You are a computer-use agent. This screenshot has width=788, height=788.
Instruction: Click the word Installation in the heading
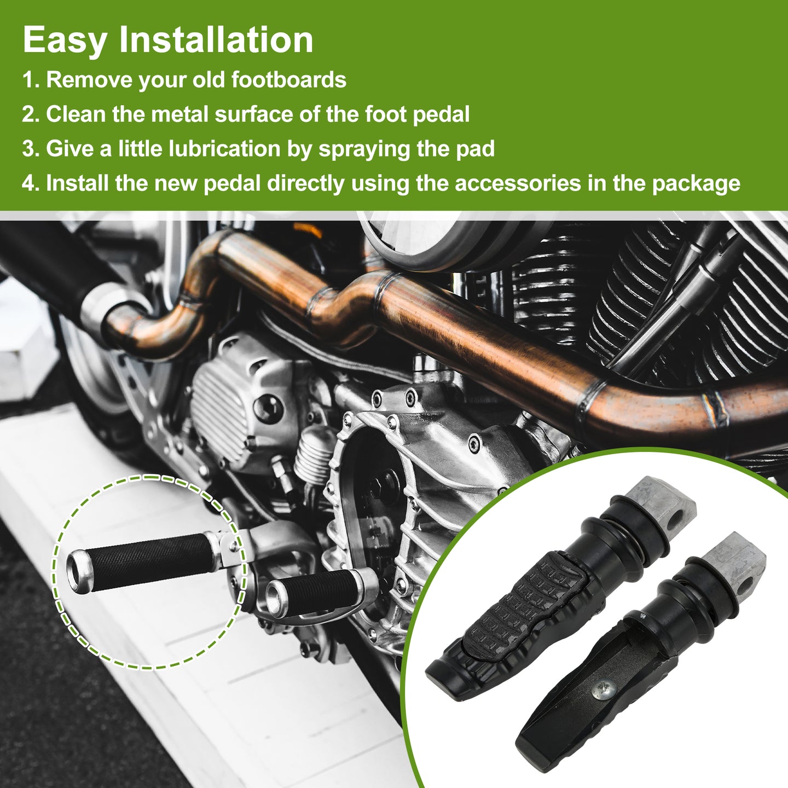(216, 39)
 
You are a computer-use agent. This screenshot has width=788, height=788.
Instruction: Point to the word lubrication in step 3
(224, 148)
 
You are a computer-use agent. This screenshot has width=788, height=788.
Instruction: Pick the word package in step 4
(696, 184)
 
